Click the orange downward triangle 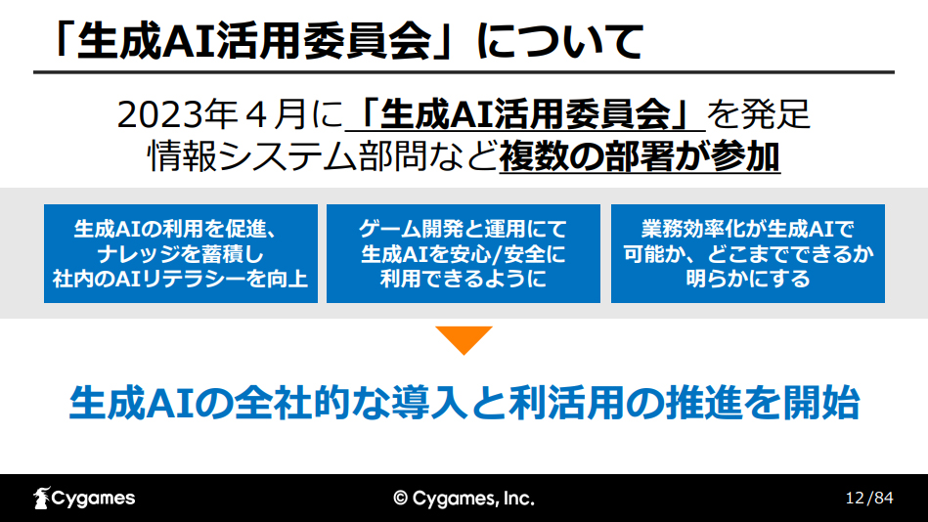coord(464,338)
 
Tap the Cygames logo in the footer coord(84,499)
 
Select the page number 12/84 coord(869,498)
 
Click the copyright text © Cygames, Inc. coord(464,499)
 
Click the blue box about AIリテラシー coord(181,253)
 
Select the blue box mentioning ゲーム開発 coord(464,253)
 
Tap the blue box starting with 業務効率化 coord(748,253)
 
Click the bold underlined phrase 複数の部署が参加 coord(640,156)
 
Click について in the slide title coord(560,41)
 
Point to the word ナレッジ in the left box coord(141,254)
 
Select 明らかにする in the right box coord(748,279)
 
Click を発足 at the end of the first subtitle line coord(758,114)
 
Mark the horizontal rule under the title coord(464,72)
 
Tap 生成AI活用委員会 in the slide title coord(254,41)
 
